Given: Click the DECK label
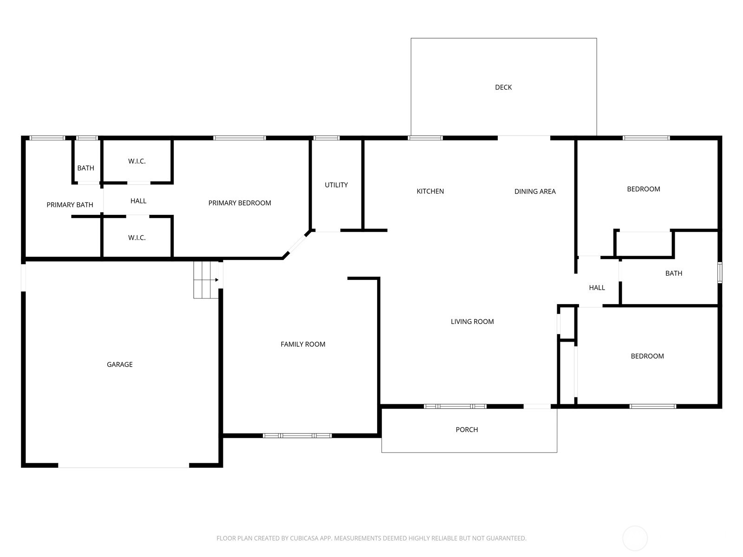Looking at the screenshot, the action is tap(503, 87).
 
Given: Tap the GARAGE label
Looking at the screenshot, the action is tap(119, 364).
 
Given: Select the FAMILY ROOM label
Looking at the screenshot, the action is tap(303, 344).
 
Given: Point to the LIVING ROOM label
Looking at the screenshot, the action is tap(472, 321).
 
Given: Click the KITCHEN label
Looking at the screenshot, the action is tap(430, 191).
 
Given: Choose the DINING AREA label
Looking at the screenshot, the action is tap(535, 191).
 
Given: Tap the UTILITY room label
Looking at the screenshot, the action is tap(336, 185).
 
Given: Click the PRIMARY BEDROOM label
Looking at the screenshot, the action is tap(240, 203).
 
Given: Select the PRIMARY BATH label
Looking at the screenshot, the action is tap(70, 205).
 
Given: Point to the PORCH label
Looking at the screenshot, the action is tap(467, 429).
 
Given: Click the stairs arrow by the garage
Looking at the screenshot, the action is tap(206, 280).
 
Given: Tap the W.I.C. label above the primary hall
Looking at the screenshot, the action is tap(137, 162).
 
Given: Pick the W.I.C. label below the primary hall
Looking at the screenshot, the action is tap(137, 238).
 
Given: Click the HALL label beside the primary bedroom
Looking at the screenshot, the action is tap(138, 201).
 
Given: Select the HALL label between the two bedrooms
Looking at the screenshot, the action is tap(597, 287).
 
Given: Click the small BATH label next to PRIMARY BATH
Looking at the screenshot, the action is tap(85, 168).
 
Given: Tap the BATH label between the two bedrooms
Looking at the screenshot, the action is tap(674, 273).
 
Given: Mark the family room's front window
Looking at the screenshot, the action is tap(297, 435).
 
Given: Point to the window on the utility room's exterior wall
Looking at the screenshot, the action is tap(326, 138).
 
